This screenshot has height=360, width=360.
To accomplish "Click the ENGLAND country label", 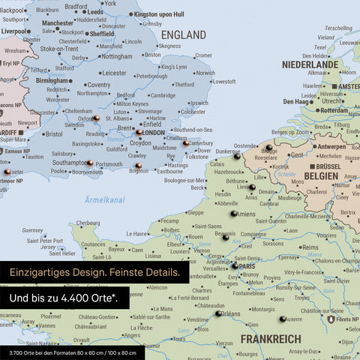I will [x=183, y=35].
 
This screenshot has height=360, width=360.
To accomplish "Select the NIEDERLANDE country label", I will [x=310, y=65].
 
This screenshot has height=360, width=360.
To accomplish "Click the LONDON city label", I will [x=154, y=133].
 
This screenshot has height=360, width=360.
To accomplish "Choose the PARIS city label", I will [x=247, y=265].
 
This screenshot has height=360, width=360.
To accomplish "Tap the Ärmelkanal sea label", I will [x=106, y=200].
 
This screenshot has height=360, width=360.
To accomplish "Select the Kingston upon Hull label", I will [x=159, y=14].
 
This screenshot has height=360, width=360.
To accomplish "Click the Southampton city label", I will [x=67, y=162].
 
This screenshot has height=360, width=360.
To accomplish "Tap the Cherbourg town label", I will [x=88, y=223].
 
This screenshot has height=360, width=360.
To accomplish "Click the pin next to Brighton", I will [x=138, y=166].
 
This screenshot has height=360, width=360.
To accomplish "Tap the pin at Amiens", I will [x=233, y=214].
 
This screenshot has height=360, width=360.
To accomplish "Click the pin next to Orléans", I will [x=219, y=313].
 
